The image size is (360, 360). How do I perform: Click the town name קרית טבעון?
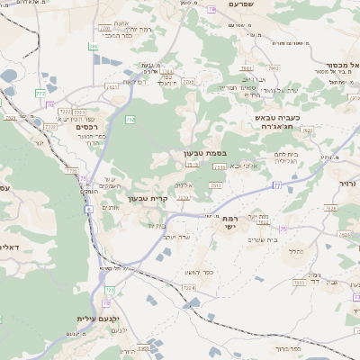[148, 198]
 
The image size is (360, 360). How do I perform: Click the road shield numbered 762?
[130, 119]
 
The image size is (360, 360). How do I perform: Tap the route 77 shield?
[277, 184]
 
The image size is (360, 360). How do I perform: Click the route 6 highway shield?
[89, 209]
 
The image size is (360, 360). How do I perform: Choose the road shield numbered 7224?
[189, 287]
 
